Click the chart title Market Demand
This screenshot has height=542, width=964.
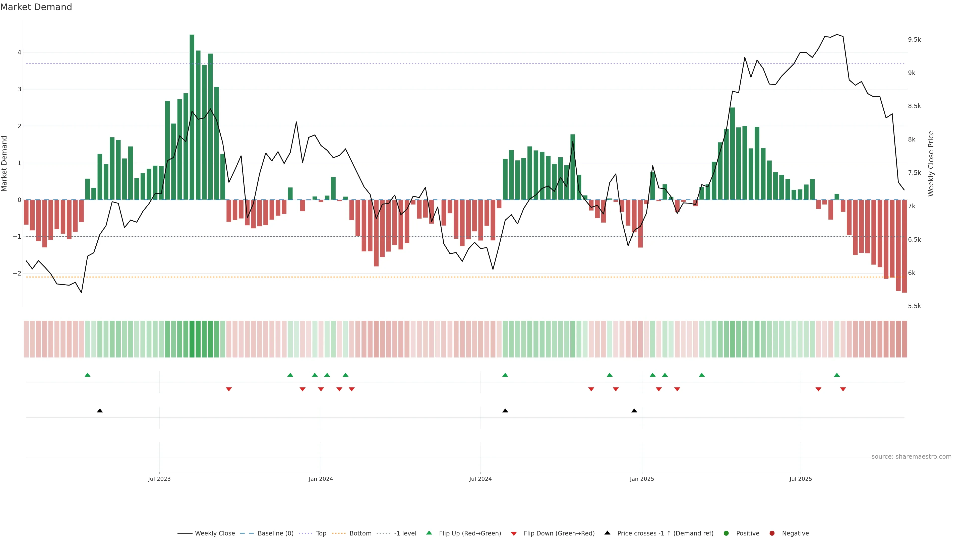36,7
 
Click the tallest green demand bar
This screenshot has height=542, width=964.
192,117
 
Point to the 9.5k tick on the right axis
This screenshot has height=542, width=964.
914,40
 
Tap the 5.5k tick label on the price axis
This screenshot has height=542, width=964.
914,306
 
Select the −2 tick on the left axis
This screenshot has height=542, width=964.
17,274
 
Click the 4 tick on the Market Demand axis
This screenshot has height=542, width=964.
19,52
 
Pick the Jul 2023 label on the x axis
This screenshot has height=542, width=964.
159,479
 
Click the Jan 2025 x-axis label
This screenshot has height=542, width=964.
642,479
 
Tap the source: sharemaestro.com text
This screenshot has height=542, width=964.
911,457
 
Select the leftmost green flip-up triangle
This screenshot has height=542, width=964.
88,375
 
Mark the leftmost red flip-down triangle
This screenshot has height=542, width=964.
229,389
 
